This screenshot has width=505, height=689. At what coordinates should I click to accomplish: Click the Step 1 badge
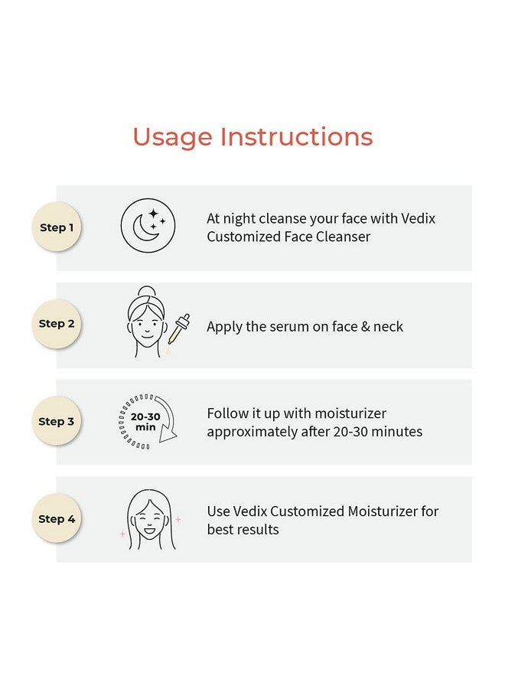pyautogui.click(x=57, y=227)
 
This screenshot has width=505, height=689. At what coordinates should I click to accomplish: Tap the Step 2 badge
pyautogui.click(x=57, y=324)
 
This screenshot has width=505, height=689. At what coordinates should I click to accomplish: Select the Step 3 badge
pyautogui.click(x=57, y=421)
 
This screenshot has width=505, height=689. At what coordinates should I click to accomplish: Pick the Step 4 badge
pyautogui.click(x=57, y=518)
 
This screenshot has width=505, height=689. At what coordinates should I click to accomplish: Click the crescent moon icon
pyautogui.click(x=144, y=227)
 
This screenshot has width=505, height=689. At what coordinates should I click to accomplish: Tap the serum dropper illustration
pyautogui.click(x=179, y=329)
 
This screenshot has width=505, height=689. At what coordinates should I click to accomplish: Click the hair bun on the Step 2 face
pyautogui.click(x=146, y=292)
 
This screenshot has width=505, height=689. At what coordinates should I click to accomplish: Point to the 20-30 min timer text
pyautogui.click(x=145, y=422)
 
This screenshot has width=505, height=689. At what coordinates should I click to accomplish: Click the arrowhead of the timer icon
pyautogui.click(x=168, y=433)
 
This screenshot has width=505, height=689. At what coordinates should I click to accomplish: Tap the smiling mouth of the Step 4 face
pyautogui.click(x=149, y=530)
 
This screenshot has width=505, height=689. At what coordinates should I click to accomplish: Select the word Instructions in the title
pyautogui.click(x=296, y=136)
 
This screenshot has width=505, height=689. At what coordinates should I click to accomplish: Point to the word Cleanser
pyautogui.click(x=343, y=237)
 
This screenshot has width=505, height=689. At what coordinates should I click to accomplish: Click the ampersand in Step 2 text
pyautogui.click(x=365, y=326)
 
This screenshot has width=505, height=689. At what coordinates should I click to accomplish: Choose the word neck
pyautogui.click(x=388, y=326)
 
